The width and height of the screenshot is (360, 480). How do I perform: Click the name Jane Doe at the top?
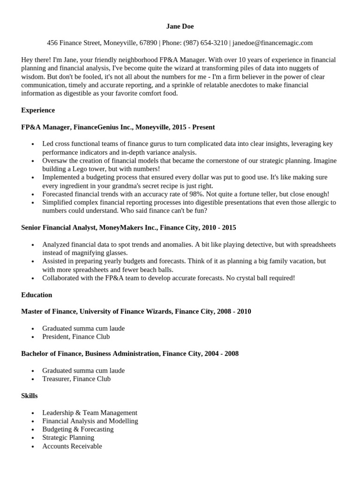pos(180,26)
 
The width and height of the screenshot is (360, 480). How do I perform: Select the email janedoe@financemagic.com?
pos(272,43)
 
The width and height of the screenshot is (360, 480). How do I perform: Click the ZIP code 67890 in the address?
pos(148,43)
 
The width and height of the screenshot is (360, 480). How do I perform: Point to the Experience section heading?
pos(38,110)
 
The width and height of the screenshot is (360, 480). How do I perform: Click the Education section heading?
pos(37,295)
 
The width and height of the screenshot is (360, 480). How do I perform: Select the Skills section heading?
pos(29,396)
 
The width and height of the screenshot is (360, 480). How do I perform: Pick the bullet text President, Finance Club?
pos(76,337)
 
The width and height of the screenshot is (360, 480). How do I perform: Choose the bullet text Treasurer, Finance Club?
pos(76,379)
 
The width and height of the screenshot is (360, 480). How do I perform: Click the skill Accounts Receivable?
pos(72,446)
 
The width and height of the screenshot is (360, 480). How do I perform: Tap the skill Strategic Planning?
pos(68,438)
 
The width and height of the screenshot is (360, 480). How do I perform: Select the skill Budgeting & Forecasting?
pos(78,429)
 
